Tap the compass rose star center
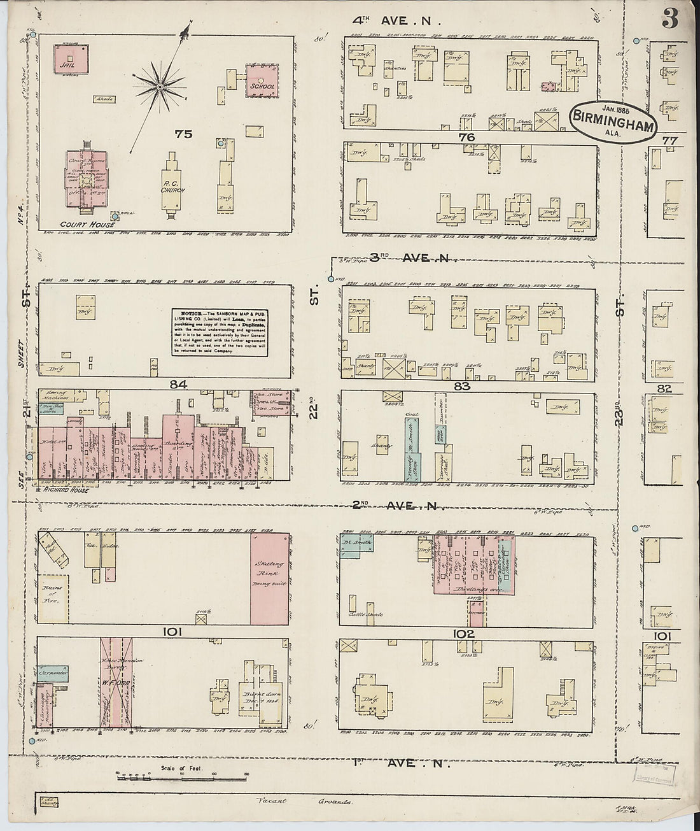[x=160, y=86]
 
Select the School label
[x=262, y=86]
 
